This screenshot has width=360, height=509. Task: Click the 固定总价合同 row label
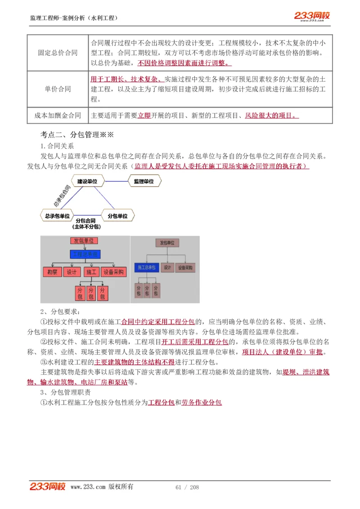[x=58, y=53]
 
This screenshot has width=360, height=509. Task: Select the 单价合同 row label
[x=58, y=89]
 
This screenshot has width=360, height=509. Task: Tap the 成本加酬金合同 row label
[x=58, y=116]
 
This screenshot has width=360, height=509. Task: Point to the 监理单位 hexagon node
[x=144, y=181]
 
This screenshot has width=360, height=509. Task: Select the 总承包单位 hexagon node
[x=57, y=216]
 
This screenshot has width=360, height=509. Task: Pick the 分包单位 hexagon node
[x=117, y=216]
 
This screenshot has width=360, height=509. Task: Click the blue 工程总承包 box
[x=85, y=254]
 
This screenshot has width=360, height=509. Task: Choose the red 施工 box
[x=91, y=272]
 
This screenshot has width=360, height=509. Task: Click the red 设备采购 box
[x=114, y=272]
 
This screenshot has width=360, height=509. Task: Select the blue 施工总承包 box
[x=146, y=268]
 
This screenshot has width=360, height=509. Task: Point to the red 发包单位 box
[x=84, y=241]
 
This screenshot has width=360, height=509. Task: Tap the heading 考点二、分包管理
[x=77, y=134]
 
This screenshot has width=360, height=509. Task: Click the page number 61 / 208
[x=187, y=487]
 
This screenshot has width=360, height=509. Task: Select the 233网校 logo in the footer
[x=47, y=487]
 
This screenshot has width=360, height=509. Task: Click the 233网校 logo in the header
[x=312, y=16]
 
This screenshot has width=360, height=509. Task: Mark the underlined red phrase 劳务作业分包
[x=202, y=402]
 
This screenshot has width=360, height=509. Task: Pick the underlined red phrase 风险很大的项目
[x=271, y=116]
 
